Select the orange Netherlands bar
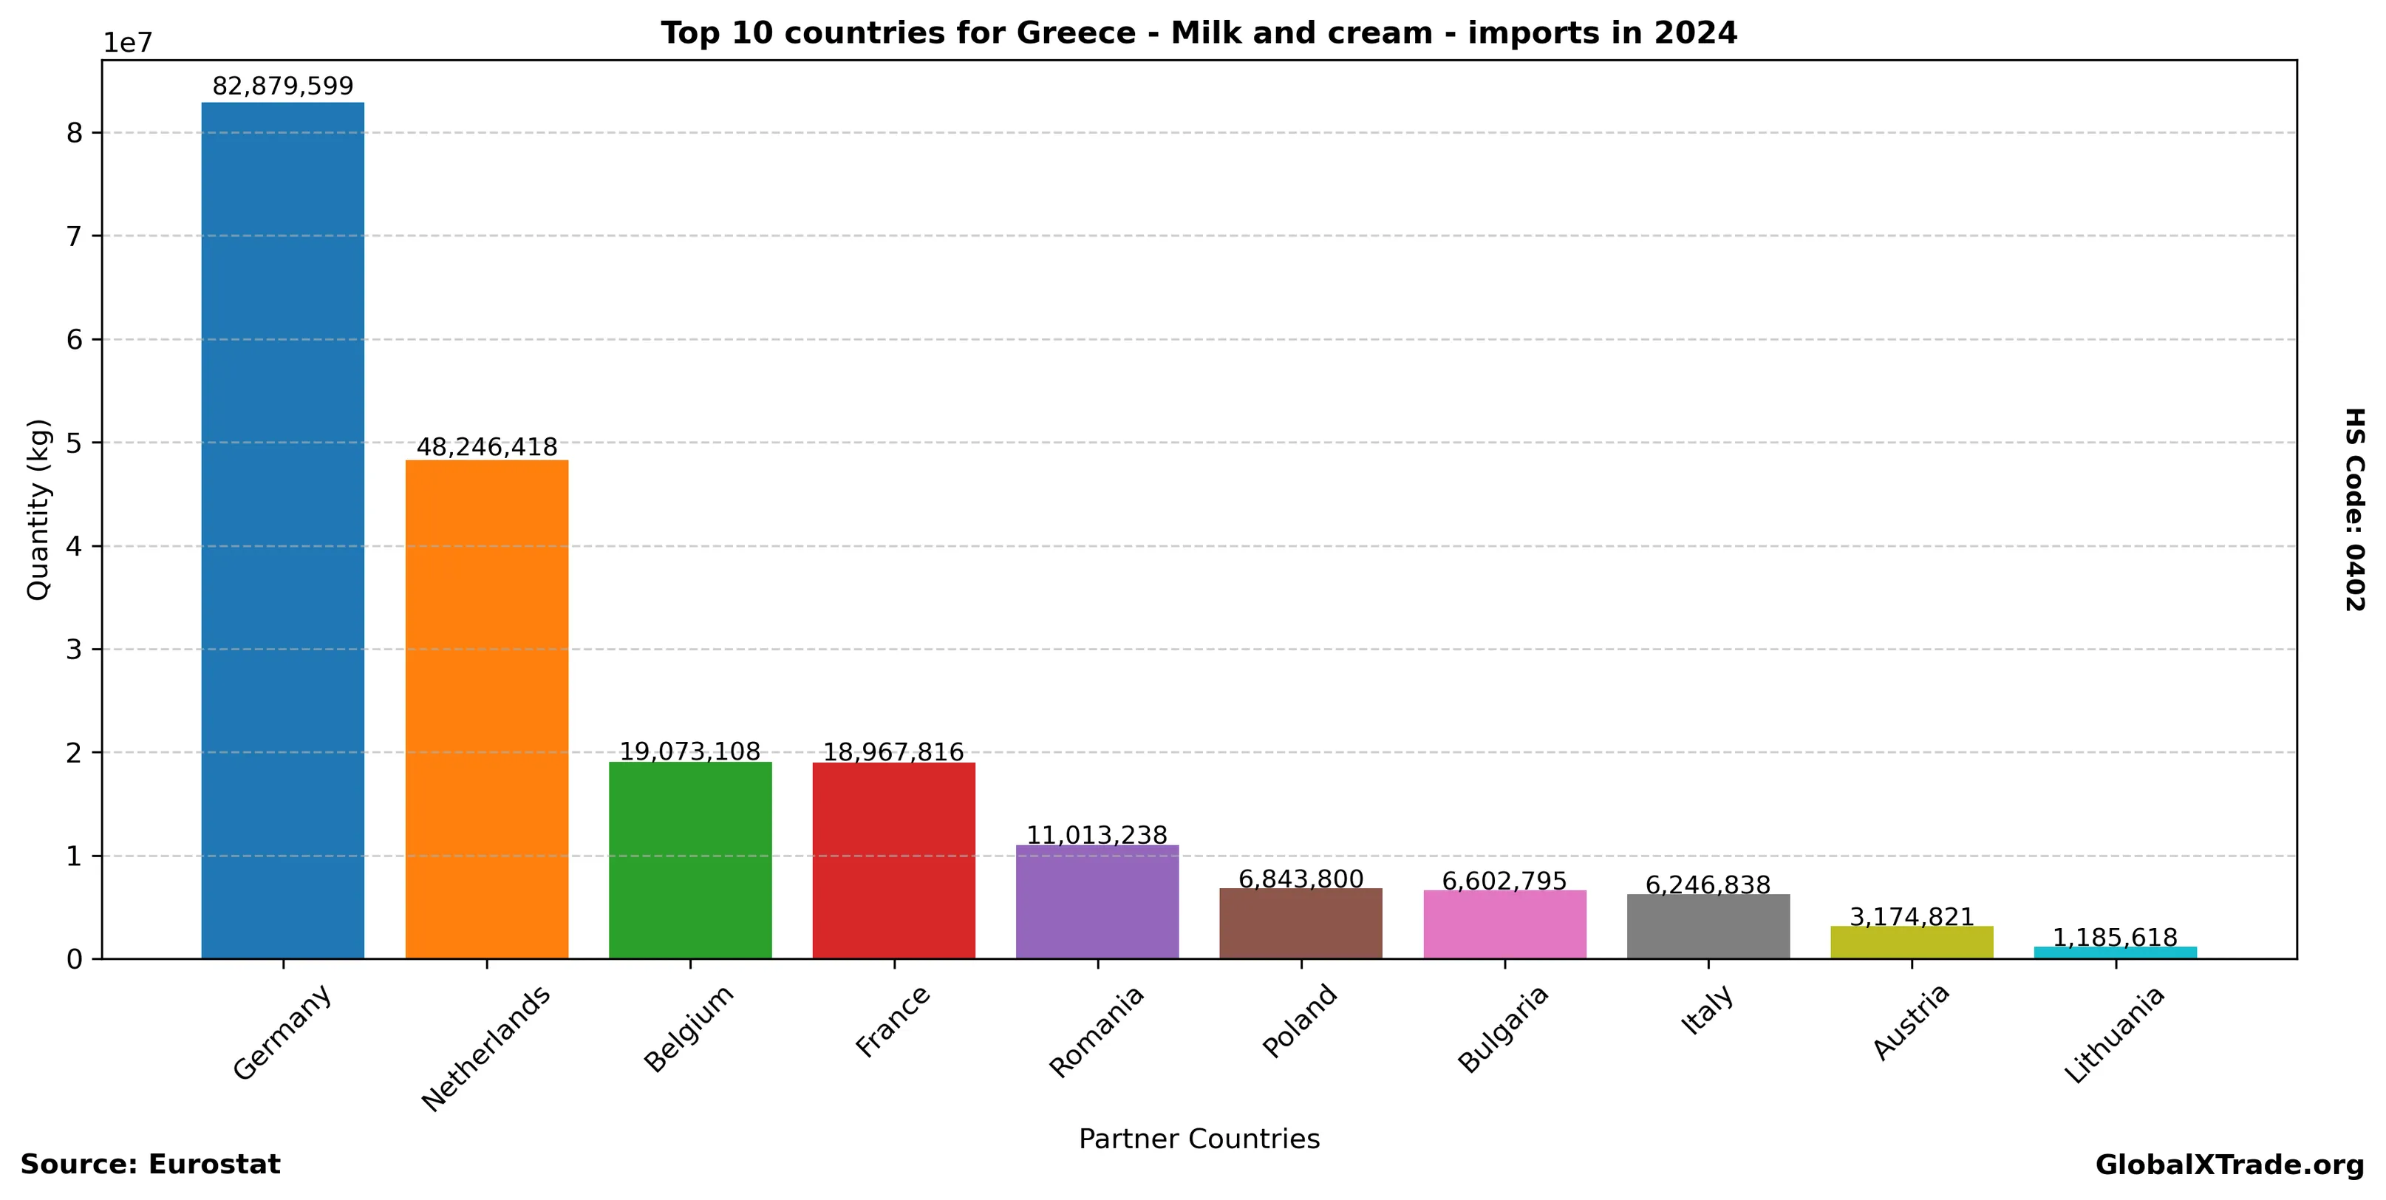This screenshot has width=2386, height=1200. pos(486,709)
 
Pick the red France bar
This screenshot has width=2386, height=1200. pos(894,860)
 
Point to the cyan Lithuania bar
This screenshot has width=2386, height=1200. pos(2115,952)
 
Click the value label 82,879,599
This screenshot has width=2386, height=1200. pos(282,86)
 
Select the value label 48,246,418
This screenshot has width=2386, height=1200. pos(486,447)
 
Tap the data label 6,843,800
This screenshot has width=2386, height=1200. pos(1301,879)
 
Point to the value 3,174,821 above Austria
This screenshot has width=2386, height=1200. pos(1912,917)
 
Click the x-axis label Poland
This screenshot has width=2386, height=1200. pos(1301,1020)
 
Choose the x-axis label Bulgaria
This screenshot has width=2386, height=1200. pos(1502,1029)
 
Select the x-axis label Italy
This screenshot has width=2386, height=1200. pos(1706,1011)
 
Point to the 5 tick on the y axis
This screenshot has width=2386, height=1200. pos(74,443)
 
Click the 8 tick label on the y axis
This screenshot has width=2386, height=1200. pos(74,133)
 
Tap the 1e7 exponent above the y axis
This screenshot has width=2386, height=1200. pos(127,43)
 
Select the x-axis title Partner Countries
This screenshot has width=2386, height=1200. pos(1199,1139)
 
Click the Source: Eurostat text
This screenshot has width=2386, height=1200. pos(150,1165)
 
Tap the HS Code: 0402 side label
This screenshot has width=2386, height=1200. pos(2354,509)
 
